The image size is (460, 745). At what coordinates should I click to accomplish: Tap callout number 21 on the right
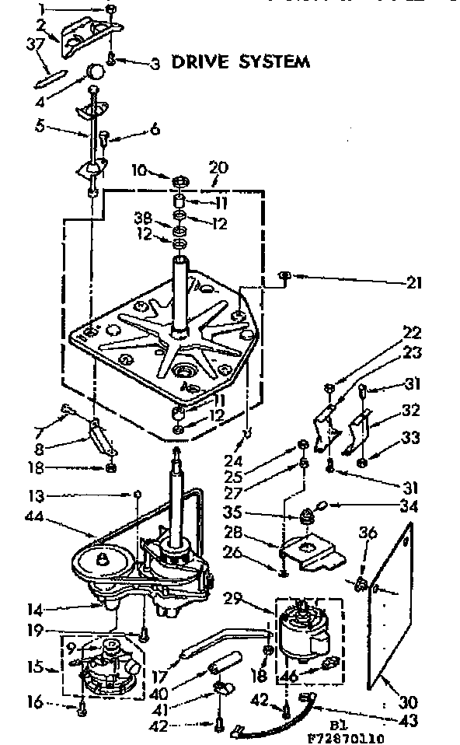[x=413, y=283]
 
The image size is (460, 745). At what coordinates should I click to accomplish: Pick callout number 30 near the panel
[x=410, y=701]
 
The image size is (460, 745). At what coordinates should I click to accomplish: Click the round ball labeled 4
[x=95, y=71]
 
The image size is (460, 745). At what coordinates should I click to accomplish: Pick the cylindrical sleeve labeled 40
[x=222, y=666]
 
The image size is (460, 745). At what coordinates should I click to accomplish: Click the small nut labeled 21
[x=286, y=275]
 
